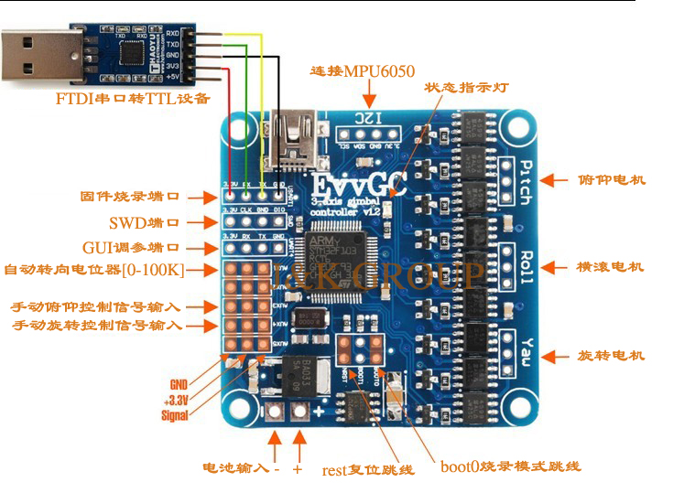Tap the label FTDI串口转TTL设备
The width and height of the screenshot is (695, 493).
pyautogui.click(x=133, y=98)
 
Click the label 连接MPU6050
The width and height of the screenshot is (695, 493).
pyautogui.click(x=363, y=71)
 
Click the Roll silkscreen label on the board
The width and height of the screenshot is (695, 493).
pyautogui.click(x=526, y=267)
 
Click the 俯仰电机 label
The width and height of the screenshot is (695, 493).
pyautogui.click(x=612, y=180)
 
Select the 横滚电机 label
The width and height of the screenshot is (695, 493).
pyautogui.click(x=611, y=267)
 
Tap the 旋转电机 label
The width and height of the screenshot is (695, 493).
pyautogui.click(x=612, y=355)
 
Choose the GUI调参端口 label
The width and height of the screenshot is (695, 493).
pyautogui.click(x=130, y=248)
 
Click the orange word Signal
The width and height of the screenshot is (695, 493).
pyautogui.click(x=174, y=415)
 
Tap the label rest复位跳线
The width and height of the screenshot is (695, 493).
pyautogui.click(x=368, y=470)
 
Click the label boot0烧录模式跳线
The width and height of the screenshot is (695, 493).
pyautogui.click(x=510, y=466)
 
